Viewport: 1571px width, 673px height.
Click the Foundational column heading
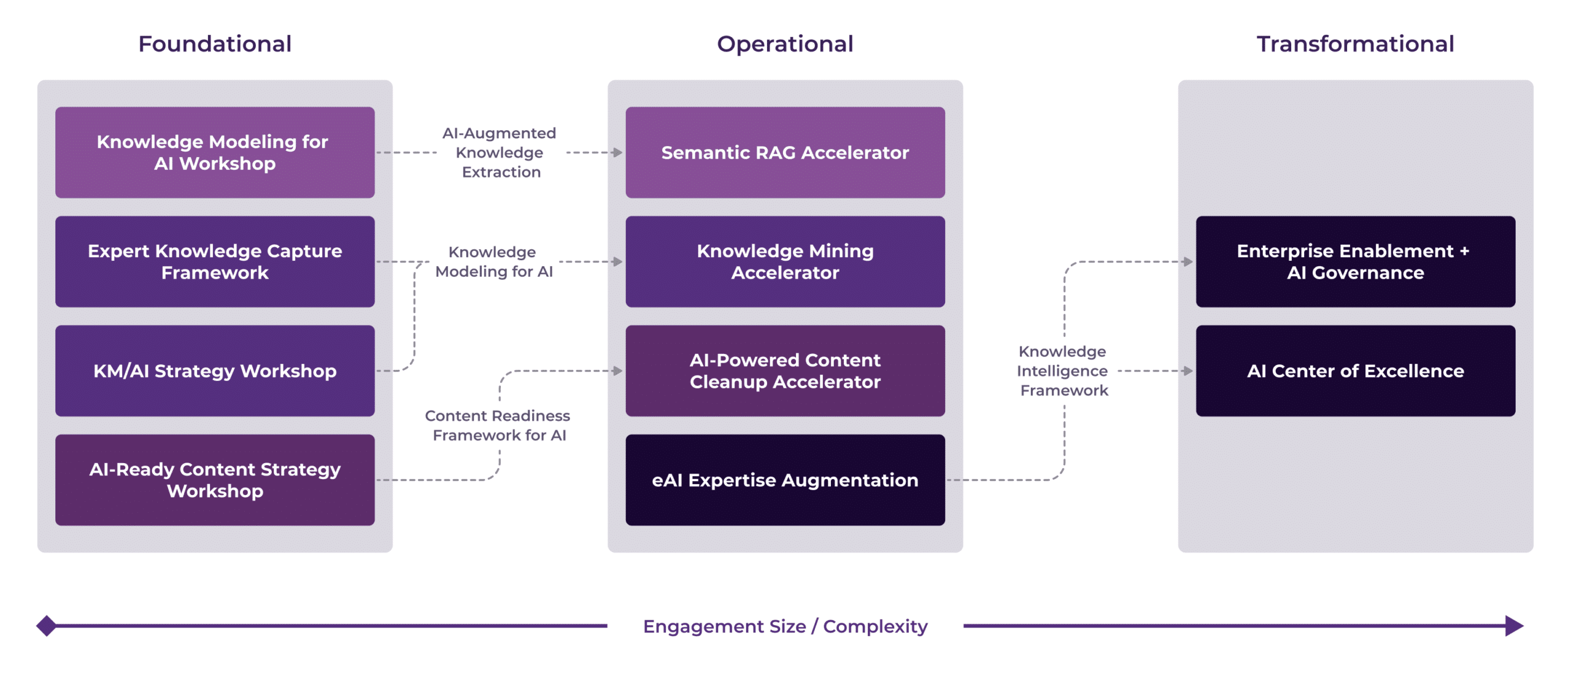[215, 44]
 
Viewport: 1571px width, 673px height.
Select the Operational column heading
[785, 44]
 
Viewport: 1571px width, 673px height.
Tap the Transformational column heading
[1355, 44]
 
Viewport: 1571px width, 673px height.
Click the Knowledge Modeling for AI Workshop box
[215, 152]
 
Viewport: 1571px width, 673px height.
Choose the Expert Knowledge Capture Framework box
[215, 261]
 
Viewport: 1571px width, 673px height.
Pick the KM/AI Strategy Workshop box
[215, 371]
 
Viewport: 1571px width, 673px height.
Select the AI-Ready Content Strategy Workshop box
[215, 480]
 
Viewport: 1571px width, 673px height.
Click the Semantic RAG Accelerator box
[785, 152]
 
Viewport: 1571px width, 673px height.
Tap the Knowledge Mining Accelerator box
[785, 261]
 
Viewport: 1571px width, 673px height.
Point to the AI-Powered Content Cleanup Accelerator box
[785, 371]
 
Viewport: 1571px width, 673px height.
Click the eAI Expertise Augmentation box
[785, 480]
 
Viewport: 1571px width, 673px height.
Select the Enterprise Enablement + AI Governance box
[1355, 261]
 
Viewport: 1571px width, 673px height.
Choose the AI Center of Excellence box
[1355, 371]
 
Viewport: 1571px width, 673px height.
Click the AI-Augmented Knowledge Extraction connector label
[500, 152]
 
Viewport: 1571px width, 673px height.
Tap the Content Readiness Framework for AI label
[498, 425]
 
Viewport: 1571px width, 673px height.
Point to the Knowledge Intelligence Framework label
[1063, 371]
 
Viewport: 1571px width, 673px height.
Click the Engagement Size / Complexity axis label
[785, 626]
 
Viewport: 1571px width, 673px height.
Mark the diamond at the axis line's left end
[46, 626]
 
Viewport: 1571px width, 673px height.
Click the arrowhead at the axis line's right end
[1514, 626]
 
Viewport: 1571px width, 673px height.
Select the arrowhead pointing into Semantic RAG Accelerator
[617, 152]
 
